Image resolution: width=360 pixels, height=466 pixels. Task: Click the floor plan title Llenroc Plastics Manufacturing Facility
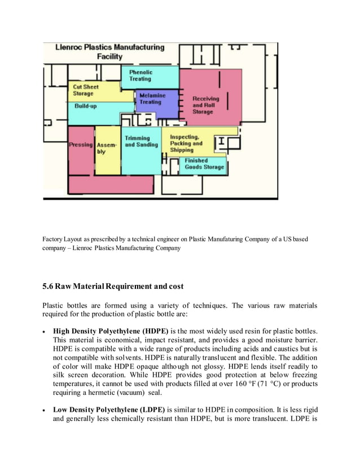[x=109, y=52]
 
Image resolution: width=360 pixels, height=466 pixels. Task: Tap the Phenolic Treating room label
[x=140, y=76]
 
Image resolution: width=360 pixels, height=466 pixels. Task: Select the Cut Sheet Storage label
[x=85, y=90]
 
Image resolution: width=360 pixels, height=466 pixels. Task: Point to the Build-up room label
[x=85, y=106]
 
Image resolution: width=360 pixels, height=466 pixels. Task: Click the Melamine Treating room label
[x=150, y=99]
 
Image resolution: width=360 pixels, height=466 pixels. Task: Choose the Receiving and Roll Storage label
[x=205, y=105]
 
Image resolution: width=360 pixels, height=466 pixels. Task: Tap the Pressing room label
[x=81, y=144]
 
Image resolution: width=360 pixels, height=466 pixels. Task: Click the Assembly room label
[x=107, y=148]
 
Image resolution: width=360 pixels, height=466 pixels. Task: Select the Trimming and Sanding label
[x=138, y=142]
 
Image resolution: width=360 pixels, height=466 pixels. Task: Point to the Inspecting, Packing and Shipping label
[x=186, y=143]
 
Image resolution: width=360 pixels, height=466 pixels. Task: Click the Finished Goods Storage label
[x=204, y=164]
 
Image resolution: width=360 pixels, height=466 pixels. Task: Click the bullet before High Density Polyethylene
[x=45, y=331]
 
